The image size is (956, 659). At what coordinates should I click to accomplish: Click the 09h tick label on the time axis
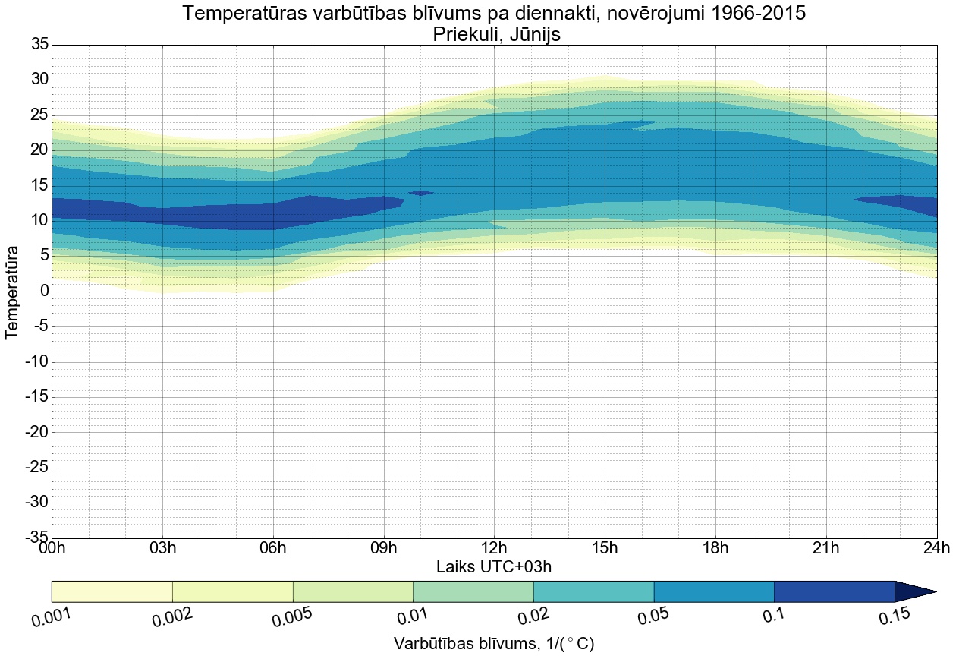pos(384,548)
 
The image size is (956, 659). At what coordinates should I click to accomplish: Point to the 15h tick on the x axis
pos(605,548)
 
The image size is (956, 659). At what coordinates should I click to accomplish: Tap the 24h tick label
pos(936,548)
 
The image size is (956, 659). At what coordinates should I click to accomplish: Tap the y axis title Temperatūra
pos(13,292)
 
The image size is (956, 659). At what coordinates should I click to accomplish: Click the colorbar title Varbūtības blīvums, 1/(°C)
pos(493,644)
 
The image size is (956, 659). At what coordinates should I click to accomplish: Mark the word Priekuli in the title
pos(461,34)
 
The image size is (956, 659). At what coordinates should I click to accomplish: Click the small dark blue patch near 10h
pos(421,193)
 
